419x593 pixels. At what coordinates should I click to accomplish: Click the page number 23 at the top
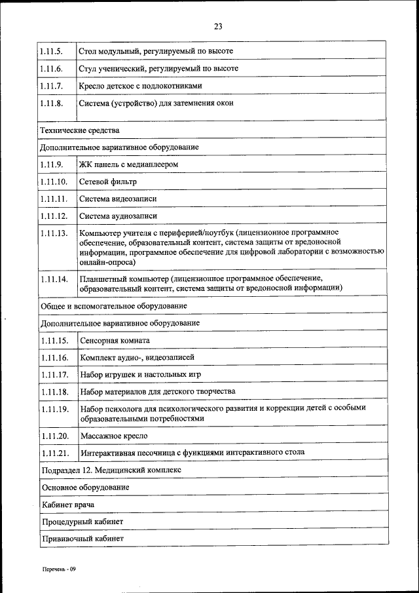[x=218, y=27]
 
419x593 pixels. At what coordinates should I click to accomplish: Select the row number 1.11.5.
[x=51, y=51]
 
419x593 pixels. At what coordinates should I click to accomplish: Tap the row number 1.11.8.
[x=51, y=103]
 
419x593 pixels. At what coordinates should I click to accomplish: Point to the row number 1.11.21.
[x=54, y=453]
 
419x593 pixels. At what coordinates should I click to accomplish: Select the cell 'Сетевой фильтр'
[x=108, y=182]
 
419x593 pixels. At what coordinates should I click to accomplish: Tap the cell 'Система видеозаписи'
[x=118, y=199]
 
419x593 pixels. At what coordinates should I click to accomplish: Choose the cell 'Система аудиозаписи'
[x=118, y=216]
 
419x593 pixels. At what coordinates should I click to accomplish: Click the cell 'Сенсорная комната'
[x=115, y=341]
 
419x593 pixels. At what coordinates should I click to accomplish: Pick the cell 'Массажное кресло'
[x=113, y=436]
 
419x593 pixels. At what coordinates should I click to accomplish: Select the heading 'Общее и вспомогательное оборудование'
[x=114, y=306]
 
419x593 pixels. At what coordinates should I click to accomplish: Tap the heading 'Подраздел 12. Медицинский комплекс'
[x=111, y=470]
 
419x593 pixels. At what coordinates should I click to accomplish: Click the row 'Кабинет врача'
[x=67, y=505]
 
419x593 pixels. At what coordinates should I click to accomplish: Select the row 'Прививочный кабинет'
[x=82, y=539]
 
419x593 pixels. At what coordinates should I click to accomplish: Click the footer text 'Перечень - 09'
[x=60, y=569]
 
